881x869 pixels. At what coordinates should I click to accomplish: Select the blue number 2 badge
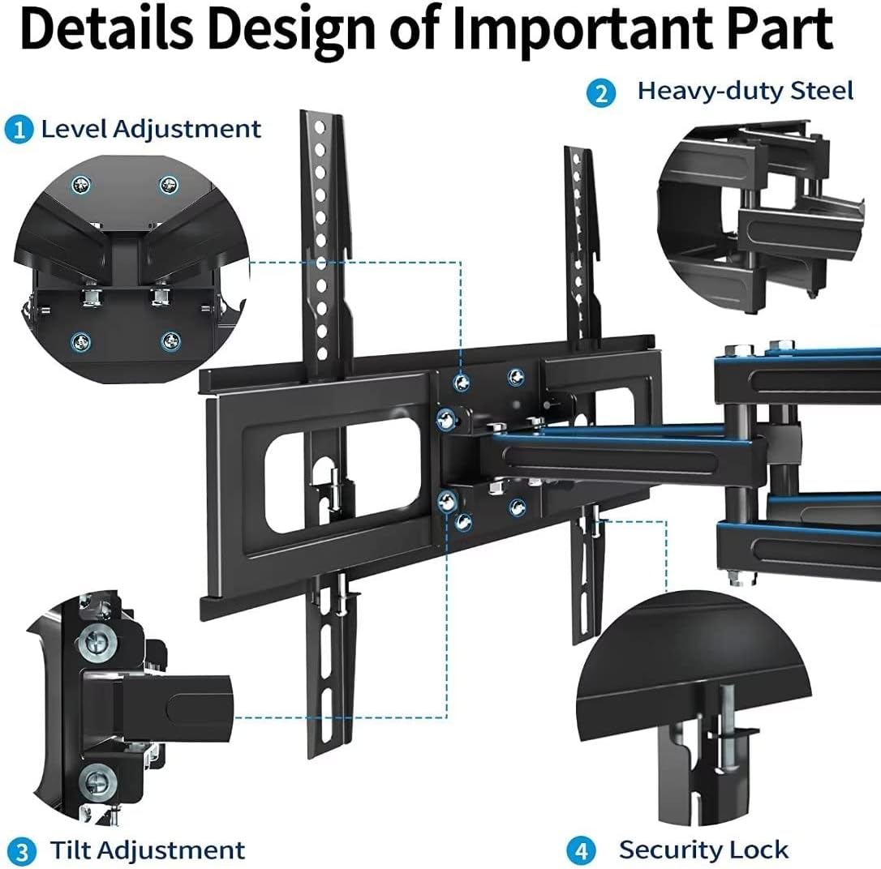click(x=600, y=92)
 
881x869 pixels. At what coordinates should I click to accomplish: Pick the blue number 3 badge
click(x=24, y=851)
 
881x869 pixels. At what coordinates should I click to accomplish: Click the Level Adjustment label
click(x=151, y=129)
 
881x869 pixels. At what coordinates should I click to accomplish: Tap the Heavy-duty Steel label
click(x=745, y=91)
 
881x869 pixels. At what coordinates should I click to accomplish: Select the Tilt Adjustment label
click(x=147, y=850)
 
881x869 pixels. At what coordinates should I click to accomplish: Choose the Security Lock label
click(x=703, y=850)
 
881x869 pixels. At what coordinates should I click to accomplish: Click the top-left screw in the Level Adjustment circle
click(x=80, y=186)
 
